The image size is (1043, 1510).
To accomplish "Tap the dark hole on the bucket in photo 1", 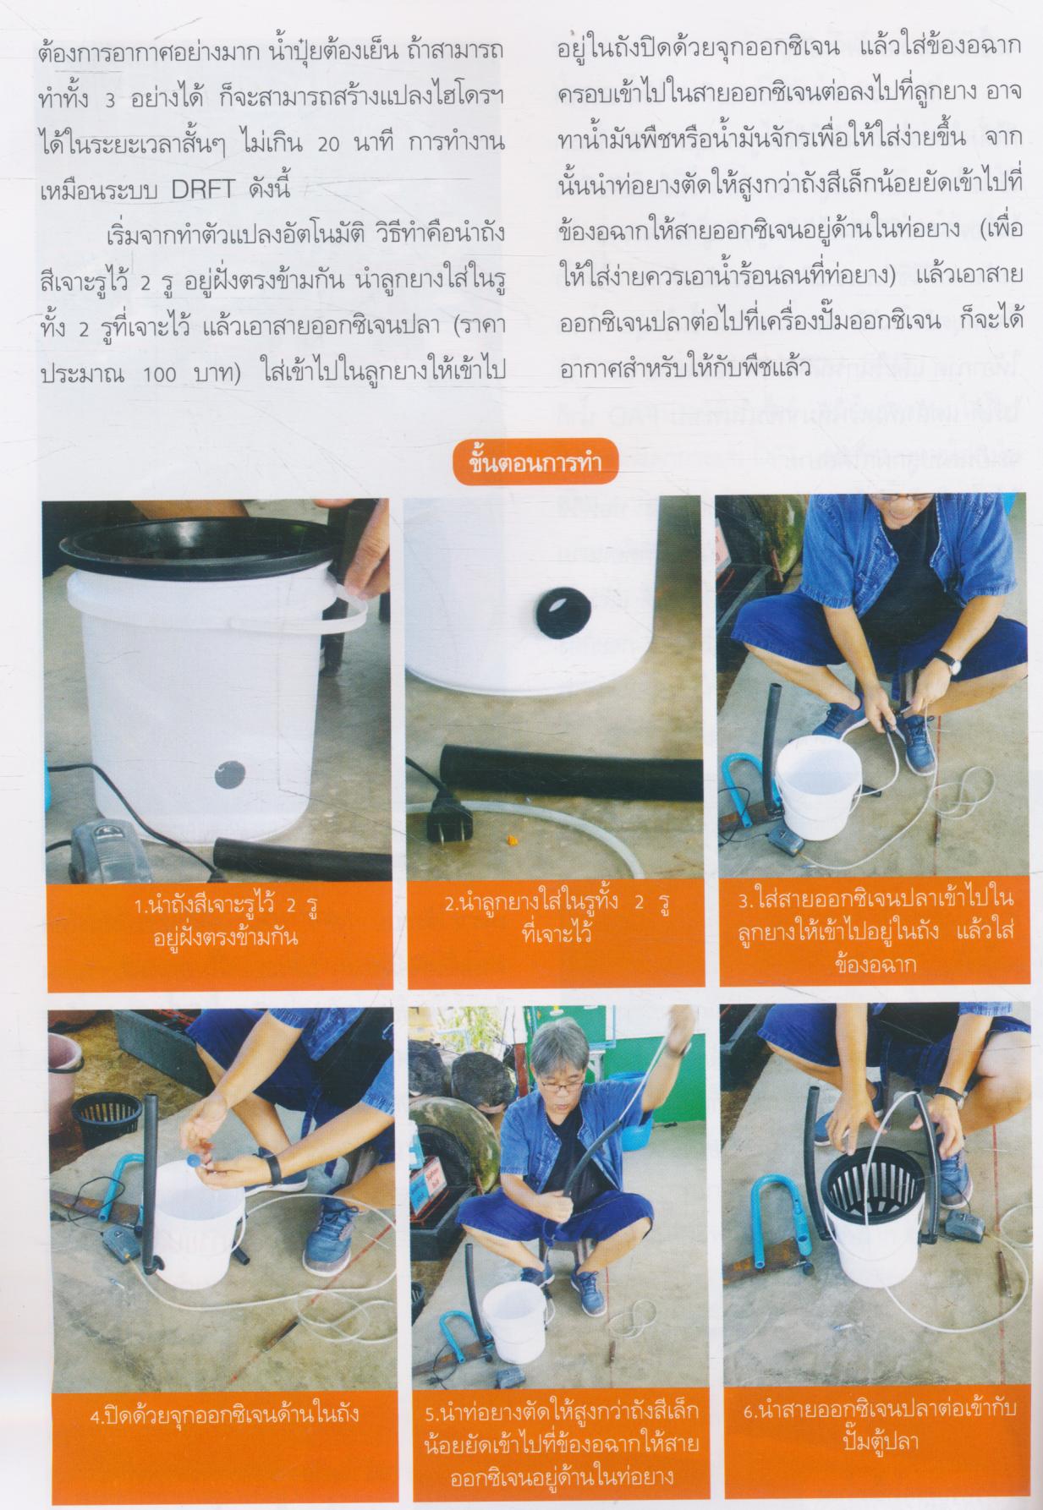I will click(228, 774).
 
